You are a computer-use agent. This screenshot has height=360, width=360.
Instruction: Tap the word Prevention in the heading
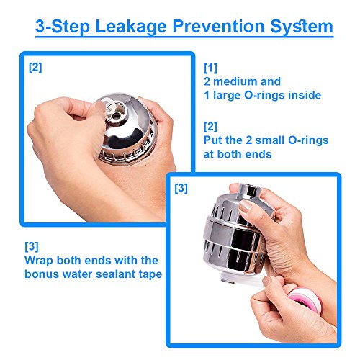[218, 26]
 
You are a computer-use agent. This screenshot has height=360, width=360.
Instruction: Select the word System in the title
[302, 27]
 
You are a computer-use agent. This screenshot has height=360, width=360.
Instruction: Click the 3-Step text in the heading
[63, 27]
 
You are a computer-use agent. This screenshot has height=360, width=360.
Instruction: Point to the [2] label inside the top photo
[35, 68]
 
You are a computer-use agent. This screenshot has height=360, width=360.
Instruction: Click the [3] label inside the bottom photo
[181, 189]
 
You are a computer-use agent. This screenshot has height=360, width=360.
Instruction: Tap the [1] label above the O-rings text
[210, 68]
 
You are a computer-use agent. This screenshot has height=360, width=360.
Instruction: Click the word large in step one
[227, 96]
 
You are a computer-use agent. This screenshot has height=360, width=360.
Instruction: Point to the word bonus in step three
[42, 274]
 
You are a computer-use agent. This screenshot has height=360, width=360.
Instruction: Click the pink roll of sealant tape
[305, 300]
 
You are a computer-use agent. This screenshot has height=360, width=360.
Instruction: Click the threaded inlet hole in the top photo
[117, 116]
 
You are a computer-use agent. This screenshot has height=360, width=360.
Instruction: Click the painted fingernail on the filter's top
[246, 206]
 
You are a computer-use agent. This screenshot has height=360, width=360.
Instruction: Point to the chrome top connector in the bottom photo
[251, 191]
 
